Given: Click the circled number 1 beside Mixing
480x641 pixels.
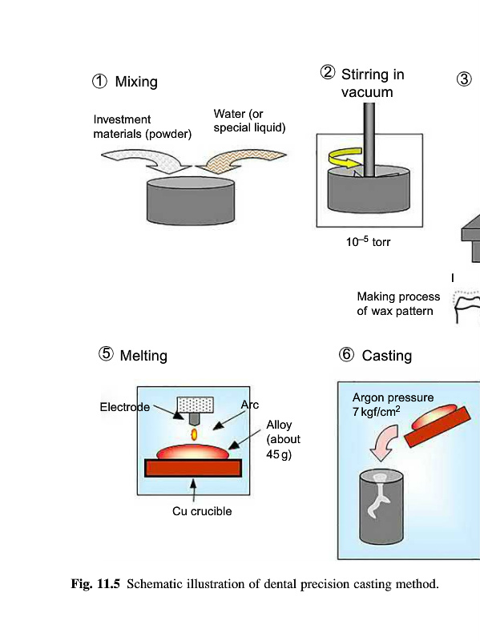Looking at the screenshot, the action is (99, 82).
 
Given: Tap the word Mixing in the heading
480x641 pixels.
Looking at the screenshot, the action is (136, 82).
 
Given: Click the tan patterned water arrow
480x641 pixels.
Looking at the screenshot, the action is (241, 161).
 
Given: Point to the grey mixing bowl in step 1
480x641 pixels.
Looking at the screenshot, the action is (191, 201).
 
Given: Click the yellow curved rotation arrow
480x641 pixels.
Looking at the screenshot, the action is (345, 159).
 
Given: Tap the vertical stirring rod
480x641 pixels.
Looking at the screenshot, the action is (369, 139).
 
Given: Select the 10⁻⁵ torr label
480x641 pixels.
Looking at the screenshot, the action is (369, 241).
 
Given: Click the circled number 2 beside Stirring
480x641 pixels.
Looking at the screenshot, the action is (328, 72).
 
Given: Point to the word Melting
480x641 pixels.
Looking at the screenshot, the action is (143, 356).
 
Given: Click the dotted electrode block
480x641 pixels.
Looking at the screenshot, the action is (195, 405).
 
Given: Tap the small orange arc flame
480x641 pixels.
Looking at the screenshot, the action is (194, 434).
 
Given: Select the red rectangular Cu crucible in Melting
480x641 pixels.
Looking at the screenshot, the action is (193, 468).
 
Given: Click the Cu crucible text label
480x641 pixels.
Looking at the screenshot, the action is (202, 511).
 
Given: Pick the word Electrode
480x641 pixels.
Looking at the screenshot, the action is (125, 407).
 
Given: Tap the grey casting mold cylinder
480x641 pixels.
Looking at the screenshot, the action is (381, 507).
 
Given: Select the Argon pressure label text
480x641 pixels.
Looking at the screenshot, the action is (393, 397).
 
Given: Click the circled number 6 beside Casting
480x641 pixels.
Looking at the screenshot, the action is (346, 354).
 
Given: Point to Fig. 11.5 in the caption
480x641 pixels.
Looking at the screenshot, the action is (95, 584).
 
